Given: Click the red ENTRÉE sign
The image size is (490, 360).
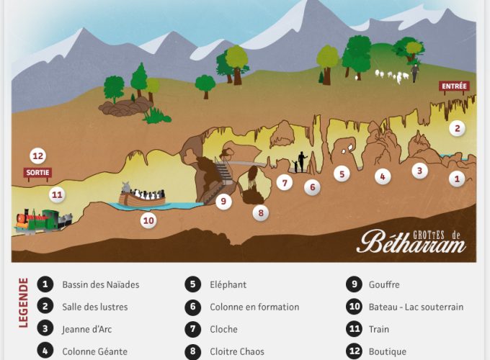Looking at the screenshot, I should (x=454, y=86).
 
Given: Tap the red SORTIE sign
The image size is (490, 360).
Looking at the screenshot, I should (x=37, y=172).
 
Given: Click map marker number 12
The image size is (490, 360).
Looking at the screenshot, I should (x=38, y=156).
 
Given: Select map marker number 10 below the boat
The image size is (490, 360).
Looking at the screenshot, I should (x=148, y=220).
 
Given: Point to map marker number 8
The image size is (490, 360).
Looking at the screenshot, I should (x=260, y=212).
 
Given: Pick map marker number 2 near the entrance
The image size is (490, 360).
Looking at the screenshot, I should (x=456, y=129).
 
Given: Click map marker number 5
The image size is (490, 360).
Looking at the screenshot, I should (x=342, y=173).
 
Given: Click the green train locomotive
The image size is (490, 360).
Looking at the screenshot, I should (x=47, y=218).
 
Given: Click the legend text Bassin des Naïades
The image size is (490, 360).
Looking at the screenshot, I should (x=100, y=284).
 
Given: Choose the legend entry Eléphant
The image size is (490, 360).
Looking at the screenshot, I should (x=228, y=284).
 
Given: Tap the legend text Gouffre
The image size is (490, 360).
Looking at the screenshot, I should (x=383, y=284).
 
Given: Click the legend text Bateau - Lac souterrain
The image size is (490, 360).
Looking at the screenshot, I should (x=415, y=307).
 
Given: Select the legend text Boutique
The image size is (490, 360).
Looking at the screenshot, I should (x=387, y=351).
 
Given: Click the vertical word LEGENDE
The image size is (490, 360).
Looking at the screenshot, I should (x=23, y=302).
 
